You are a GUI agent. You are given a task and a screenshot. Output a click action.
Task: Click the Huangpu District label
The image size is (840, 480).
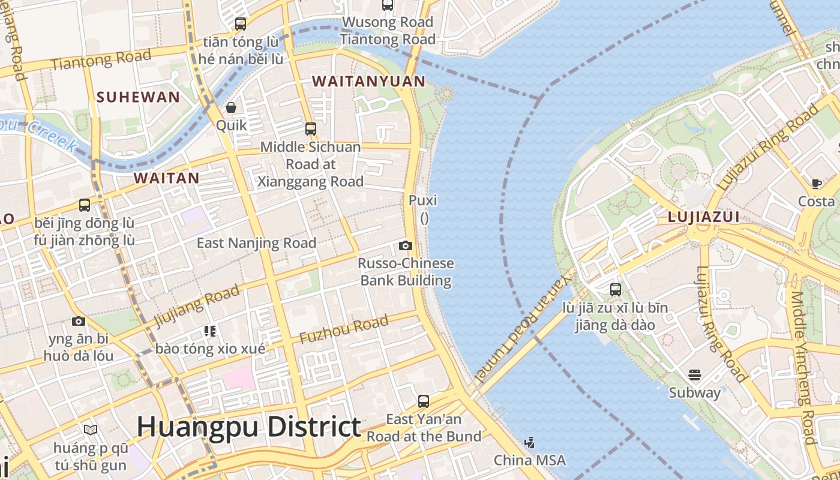248,427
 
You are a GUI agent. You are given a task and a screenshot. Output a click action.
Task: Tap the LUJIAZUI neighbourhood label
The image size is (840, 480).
703,217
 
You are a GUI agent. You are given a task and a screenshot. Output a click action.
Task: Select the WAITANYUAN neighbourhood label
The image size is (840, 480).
368,81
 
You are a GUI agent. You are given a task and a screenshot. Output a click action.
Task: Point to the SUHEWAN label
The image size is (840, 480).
138,97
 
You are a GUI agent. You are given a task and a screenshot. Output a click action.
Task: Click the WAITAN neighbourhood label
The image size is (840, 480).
166,178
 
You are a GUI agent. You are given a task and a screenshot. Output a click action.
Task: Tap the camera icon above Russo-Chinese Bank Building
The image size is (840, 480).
406,245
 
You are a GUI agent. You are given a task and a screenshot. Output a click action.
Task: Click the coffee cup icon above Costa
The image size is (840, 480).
816,184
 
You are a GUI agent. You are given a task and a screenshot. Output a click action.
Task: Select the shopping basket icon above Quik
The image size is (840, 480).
231,107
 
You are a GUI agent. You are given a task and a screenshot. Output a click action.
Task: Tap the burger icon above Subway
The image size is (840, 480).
695,375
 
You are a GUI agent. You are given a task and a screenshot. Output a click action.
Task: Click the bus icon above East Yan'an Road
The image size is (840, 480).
424,401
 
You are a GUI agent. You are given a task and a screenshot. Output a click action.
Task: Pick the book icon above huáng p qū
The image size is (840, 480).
91,430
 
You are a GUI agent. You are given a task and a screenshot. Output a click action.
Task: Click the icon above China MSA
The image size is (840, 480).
529,443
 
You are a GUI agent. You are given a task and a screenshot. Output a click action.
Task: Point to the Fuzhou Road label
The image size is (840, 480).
344,330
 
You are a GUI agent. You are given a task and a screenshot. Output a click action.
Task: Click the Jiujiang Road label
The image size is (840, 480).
197,306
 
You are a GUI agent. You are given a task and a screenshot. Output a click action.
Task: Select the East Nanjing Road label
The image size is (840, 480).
256,243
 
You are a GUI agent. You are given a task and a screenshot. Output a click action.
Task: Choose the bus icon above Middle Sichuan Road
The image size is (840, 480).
310,128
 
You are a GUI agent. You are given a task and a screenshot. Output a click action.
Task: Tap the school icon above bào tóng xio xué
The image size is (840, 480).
209,331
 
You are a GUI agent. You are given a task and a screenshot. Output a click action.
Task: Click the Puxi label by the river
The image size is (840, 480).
423,200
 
